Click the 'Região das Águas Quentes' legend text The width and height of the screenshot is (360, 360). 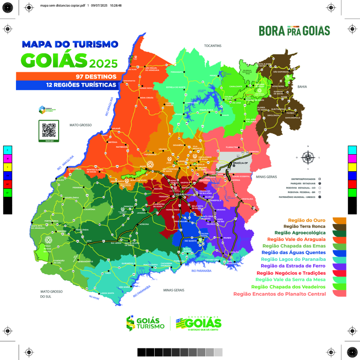[294, 252]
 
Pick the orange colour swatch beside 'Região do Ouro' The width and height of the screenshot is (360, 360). [339, 219]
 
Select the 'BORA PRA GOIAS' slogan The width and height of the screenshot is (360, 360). [294, 31]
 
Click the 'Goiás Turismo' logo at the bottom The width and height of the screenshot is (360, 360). [145, 322]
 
